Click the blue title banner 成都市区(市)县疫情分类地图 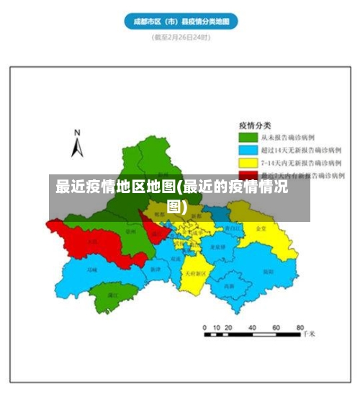[181, 22]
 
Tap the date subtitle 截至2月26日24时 [181, 37]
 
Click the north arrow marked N [77, 143]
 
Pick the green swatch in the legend [248, 137]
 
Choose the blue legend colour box [248, 150]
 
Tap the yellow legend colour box [248, 163]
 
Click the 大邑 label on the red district [92, 242]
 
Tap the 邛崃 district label [91, 270]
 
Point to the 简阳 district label [267, 272]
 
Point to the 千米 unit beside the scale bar [309, 335]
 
